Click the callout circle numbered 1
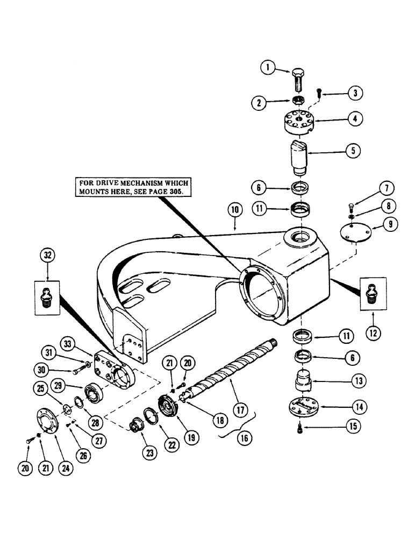(x=267, y=68)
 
